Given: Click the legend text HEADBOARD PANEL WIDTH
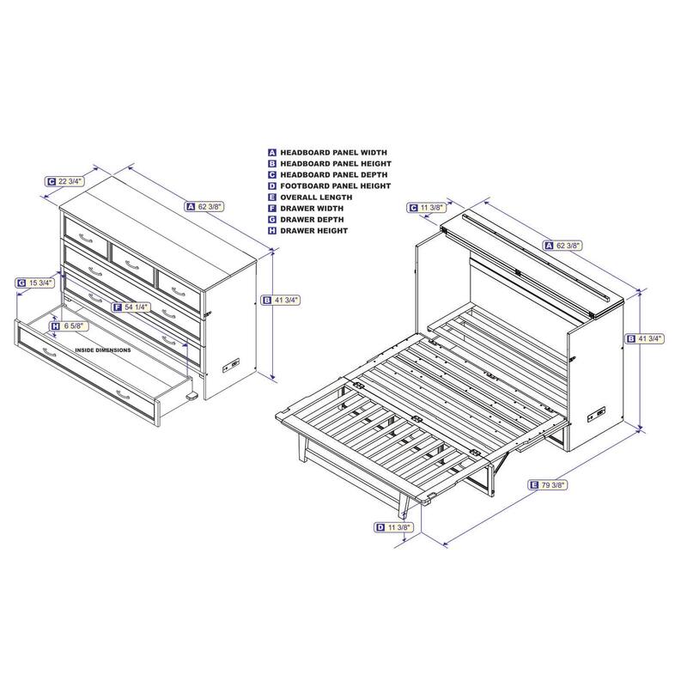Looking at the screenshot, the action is click(x=333, y=153).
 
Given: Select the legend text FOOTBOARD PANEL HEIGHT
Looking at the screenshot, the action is click(x=336, y=186).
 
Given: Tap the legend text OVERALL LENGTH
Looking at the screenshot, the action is click(x=316, y=198).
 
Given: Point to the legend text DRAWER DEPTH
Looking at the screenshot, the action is click(x=312, y=220).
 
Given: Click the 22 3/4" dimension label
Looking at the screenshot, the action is click(x=65, y=181).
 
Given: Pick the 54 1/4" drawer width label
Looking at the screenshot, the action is click(x=131, y=307).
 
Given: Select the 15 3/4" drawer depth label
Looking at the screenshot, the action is click(x=35, y=283).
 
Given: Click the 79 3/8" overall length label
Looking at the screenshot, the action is click(x=549, y=485).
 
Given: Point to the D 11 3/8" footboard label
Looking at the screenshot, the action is click(x=394, y=527).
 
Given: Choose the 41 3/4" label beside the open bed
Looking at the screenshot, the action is click(x=646, y=338).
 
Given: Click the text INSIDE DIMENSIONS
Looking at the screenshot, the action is click(x=103, y=350).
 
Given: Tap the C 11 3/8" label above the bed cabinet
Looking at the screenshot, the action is click(x=427, y=208).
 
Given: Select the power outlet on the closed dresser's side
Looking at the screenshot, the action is click(x=232, y=364).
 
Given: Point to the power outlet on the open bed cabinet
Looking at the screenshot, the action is click(x=597, y=413).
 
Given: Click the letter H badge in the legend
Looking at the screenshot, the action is click(x=272, y=231).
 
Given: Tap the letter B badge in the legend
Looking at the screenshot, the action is click(x=272, y=164).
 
